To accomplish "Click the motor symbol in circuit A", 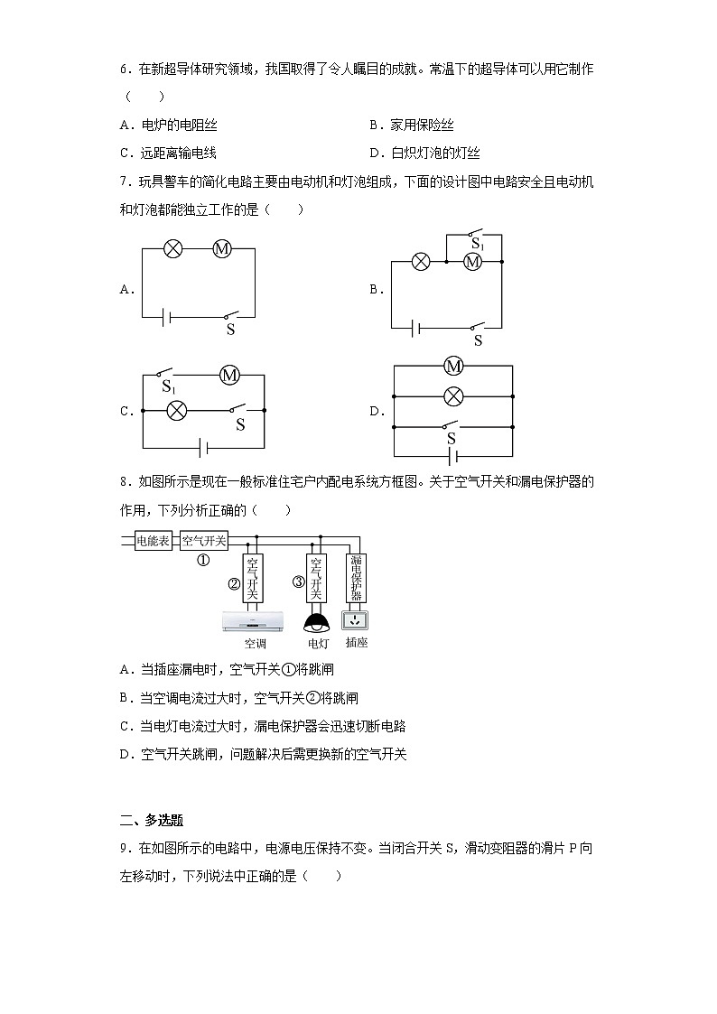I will coord(222,249).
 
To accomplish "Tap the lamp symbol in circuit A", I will coord(174,249).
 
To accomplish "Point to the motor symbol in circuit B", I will coord(471,262).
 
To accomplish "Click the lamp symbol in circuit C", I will coord(178,410).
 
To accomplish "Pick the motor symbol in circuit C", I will coord(229,374).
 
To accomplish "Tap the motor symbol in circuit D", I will coord(453,366).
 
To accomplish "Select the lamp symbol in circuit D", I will coord(453,395).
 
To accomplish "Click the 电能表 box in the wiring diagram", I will coord(153,541).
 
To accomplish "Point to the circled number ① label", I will coord(203,560).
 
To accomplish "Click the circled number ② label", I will coord(233,583).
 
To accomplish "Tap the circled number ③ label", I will coord(298,581).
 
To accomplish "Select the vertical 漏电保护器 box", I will coord(357,578).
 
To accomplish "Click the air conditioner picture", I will coord(254,621).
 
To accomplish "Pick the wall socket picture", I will coord(356,620).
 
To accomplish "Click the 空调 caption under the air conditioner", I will coord(255,644).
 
